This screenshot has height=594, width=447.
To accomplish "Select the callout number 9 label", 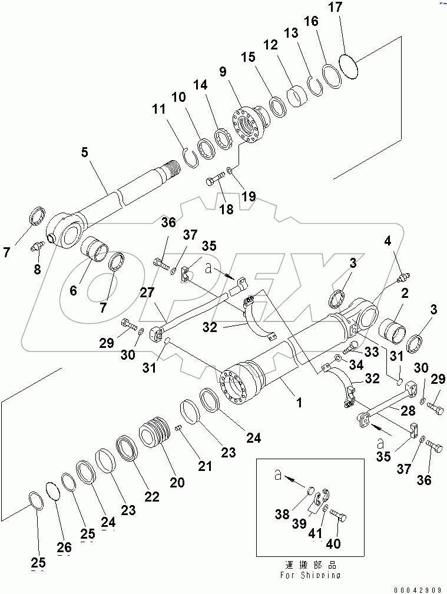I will click(222, 72).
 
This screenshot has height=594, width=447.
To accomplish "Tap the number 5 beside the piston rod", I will click(85, 152).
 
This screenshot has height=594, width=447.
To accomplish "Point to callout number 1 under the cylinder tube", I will click(299, 403).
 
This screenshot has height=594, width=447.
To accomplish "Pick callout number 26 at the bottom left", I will click(64, 547).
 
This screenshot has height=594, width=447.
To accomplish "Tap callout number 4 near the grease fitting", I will click(388, 240).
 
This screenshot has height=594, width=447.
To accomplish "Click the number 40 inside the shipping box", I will click(334, 543).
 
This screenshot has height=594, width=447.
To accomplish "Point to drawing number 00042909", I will click(418, 588).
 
